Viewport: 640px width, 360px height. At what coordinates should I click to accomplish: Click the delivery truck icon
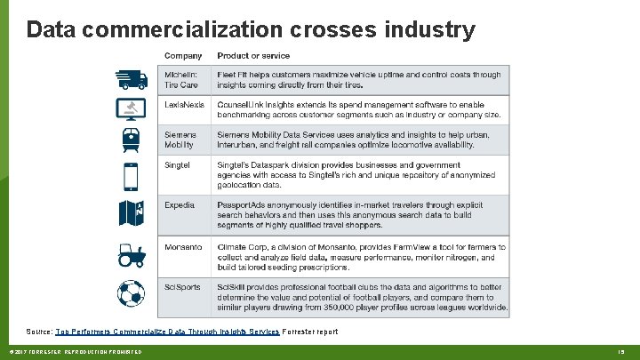[x=132, y=78]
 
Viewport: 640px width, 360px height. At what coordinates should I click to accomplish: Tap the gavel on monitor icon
[x=132, y=109]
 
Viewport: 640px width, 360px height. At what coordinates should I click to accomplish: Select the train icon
[x=132, y=140]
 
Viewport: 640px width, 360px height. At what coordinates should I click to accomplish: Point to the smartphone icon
[x=132, y=177]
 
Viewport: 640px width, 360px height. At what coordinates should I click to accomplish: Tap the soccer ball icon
[x=132, y=292]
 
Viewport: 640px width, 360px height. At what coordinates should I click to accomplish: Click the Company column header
[x=183, y=56]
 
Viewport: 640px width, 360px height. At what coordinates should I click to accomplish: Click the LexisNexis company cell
[x=184, y=105]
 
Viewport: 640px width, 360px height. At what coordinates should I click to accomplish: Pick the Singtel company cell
[x=178, y=164]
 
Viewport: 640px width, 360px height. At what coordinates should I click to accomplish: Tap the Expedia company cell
[x=180, y=204]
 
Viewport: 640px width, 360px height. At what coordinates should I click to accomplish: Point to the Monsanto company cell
[x=183, y=246]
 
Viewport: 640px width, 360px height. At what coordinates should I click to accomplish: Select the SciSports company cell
[x=183, y=286]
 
